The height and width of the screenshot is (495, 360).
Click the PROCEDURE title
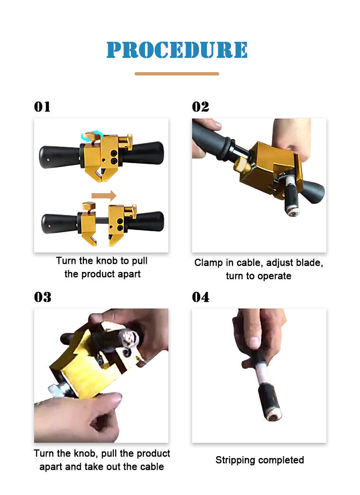pos(177,50)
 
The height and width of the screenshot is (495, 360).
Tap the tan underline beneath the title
pos(177,74)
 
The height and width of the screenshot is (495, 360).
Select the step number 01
pos(42,107)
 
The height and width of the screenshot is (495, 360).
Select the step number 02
pos(200,107)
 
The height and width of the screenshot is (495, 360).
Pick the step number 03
pos(43,297)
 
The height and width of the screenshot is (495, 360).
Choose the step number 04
pos(201,297)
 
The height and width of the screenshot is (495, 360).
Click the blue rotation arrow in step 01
pos(92,136)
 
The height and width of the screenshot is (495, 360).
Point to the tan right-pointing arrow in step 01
pos(104,196)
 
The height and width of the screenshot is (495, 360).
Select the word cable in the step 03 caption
pos(151,467)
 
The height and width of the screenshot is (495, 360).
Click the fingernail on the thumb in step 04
pos(254,343)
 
